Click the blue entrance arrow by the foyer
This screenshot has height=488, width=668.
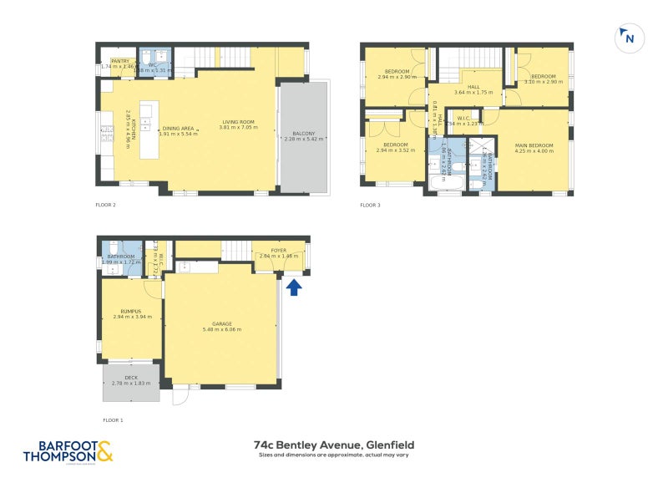click(x=293, y=287)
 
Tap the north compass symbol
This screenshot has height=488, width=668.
click(x=627, y=37)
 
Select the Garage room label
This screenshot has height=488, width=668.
click(x=222, y=323)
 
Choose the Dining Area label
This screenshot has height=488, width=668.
click(x=178, y=128)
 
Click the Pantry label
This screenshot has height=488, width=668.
click(x=120, y=60)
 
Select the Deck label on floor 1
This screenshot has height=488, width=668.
click(x=130, y=378)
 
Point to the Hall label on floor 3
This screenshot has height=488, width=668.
click(x=473, y=87)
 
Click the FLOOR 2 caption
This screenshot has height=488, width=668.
click(x=105, y=204)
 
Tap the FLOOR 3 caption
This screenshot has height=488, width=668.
click(x=369, y=204)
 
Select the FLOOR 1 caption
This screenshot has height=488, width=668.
click(x=112, y=419)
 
